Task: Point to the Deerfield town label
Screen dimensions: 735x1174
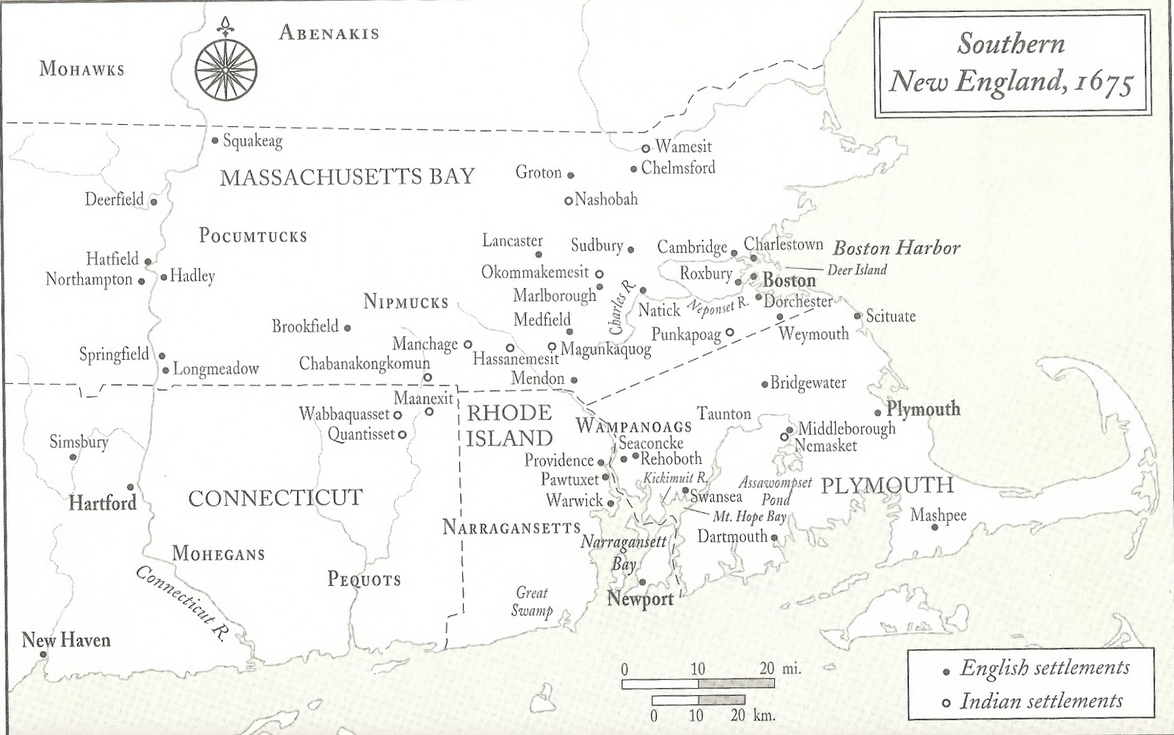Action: click(114, 199)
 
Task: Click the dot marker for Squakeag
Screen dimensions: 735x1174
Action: click(215, 140)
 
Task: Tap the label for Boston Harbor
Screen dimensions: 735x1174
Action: click(896, 248)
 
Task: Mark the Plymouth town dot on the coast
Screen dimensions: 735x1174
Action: click(878, 413)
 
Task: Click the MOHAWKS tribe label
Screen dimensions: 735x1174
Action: click(81, 70)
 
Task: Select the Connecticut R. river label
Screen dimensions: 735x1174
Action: click(179, 605)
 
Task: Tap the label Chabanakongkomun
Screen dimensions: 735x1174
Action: click(364, 363)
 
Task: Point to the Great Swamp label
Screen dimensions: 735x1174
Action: click(532, 601)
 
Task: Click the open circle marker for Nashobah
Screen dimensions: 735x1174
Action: click(568, 200)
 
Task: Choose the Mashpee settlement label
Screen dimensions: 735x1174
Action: click(938, 515)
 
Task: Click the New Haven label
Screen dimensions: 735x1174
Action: click(66, 640)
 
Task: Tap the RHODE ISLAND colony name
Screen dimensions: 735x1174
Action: click(509, 425)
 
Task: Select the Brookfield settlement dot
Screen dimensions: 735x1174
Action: click(347, 328)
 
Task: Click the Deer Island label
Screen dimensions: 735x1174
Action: click(856, 270)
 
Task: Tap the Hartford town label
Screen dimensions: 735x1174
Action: click(102, 503)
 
